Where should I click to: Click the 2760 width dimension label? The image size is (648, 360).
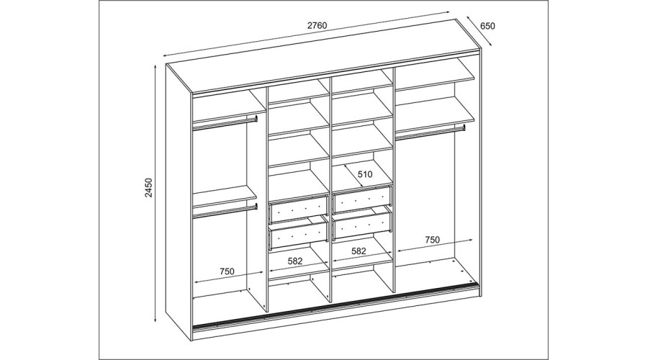pyautogui.click(x=317, y=26)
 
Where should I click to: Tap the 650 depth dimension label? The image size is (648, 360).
pyautogui.click(x=487, y=26)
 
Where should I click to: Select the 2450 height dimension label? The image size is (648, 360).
pyautogui.click(x=149, y=188)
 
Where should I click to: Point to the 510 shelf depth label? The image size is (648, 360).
pyautogui.click(x=365, y=174)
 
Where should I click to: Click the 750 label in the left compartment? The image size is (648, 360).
pyautogui.click(x=227, y=271)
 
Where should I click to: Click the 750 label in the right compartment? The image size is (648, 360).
pyautogui.click(x=432, y=239)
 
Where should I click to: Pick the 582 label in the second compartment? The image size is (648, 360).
pyautogui.click(x=295, y=261)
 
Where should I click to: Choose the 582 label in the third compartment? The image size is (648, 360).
pyautogui.click(x=359, y=251)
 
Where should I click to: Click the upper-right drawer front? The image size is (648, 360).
pyautogui.click(x=361, y=199)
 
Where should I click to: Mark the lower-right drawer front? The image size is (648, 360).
pyautogui.click(x=361, y=227)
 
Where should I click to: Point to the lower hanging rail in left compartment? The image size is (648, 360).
pyautogui.click(x=225, y=210)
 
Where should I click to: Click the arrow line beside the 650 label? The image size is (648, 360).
pyautogui.click(x=479, y=32)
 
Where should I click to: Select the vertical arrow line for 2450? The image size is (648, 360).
pyautogui.click(x=156, y=193)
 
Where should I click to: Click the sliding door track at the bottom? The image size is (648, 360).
pyautogui.click(x=335, y=305)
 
